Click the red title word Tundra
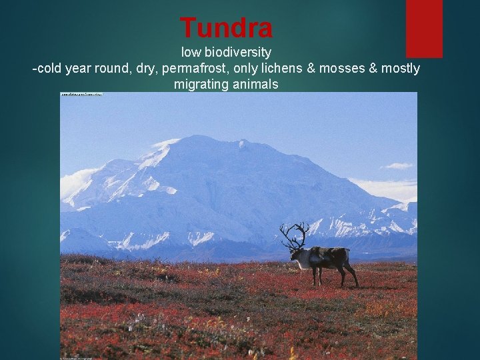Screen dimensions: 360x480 point(226,28)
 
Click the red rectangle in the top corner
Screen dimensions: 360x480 point(424,28)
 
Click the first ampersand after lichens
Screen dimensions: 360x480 point(315,69)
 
